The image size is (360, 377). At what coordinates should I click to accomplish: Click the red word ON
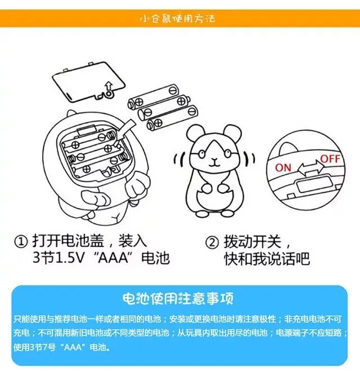click(x=283, y=167)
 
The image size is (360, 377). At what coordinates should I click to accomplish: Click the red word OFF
click(x=330, y=158)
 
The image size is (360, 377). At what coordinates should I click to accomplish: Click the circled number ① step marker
click(x=21, y=242)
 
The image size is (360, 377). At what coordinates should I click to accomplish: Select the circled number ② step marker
click(x=212, y=242)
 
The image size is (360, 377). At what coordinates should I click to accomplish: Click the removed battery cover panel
click(x=88, y=81)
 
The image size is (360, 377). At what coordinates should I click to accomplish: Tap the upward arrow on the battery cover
click(x=109, y=85)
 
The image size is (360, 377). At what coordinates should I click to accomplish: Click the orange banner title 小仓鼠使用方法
click(x=177, y=19)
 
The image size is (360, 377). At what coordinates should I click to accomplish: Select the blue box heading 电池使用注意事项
click(x=178, y=298)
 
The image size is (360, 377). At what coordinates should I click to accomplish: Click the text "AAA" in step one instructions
click(x=113, y=258)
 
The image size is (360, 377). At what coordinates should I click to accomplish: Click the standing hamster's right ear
click(x=233, y=133)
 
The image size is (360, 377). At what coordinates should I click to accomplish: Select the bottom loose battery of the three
click(x=173, y=118)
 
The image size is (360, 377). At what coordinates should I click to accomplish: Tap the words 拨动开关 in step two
click(x=253, y=242)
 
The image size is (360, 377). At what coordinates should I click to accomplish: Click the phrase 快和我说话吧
click(x=267, y=258)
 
